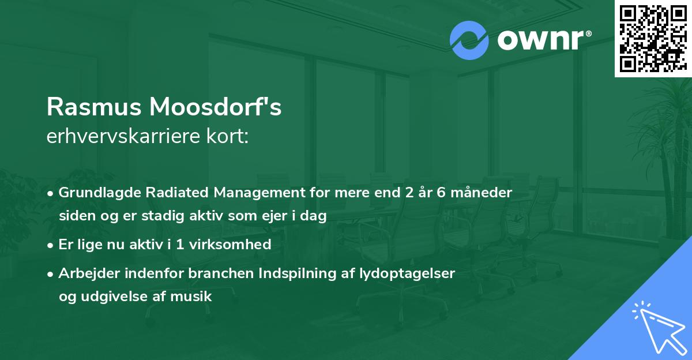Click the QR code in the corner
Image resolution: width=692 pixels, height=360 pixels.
[x=653, y=38]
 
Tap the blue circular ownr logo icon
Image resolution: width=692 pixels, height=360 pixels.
[x=469, y=40]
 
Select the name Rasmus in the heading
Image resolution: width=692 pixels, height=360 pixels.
[x=94, y=108]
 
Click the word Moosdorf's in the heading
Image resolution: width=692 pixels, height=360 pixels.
[x=216, y=108]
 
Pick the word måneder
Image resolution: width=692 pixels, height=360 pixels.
[x=484, y=193]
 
